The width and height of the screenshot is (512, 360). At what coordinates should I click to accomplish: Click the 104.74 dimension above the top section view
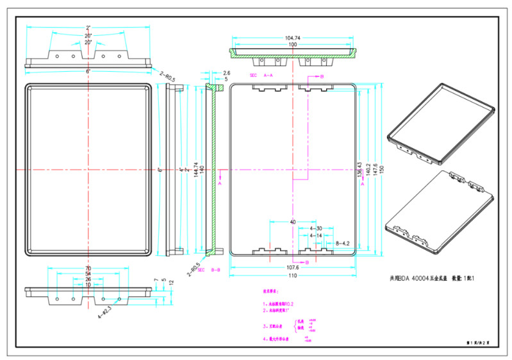(x=292, y=38)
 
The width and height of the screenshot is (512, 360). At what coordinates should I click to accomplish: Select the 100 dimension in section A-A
(x=292, y=45)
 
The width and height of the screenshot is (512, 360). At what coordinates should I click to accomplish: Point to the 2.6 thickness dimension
(x=226, y=73)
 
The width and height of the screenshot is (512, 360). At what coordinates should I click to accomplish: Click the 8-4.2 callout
(x=343, y=243)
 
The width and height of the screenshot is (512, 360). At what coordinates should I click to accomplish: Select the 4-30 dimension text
(x=316, y=228)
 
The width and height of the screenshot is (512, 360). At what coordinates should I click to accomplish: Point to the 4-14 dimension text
(x=316, y=236)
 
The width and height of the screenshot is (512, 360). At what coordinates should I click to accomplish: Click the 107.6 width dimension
(x=292, y=267)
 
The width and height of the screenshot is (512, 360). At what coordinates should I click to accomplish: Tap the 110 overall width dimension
(x=292, y=275)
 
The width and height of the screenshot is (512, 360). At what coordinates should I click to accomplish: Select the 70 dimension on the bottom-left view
(x=88, y=268)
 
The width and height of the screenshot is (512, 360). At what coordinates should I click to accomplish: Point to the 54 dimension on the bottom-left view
(x=88, y=274)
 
